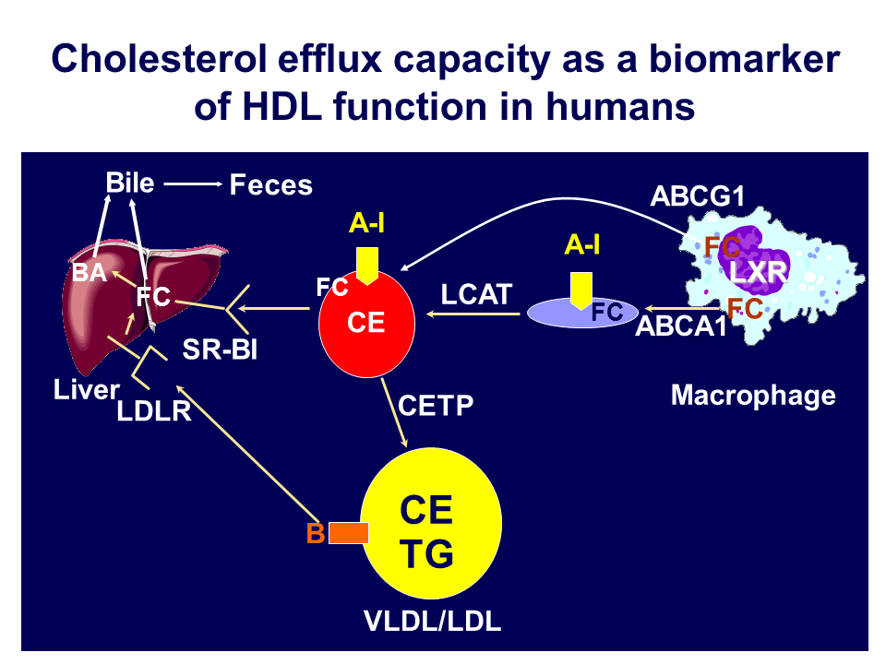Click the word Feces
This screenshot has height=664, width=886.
point(270,185)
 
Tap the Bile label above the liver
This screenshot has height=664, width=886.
point(130,182)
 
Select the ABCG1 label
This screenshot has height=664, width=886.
point(698,196)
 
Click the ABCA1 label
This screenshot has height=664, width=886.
point(681,326)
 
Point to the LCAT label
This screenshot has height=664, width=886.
point(476,294)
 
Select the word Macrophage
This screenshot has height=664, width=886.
point(753,396)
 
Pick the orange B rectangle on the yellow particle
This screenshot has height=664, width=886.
point(349,533)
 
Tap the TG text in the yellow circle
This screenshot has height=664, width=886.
point(425,554)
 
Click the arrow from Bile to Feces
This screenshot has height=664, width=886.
point(194,184)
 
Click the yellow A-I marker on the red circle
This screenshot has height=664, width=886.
point(368,266)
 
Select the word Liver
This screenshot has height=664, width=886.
point(86,390)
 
